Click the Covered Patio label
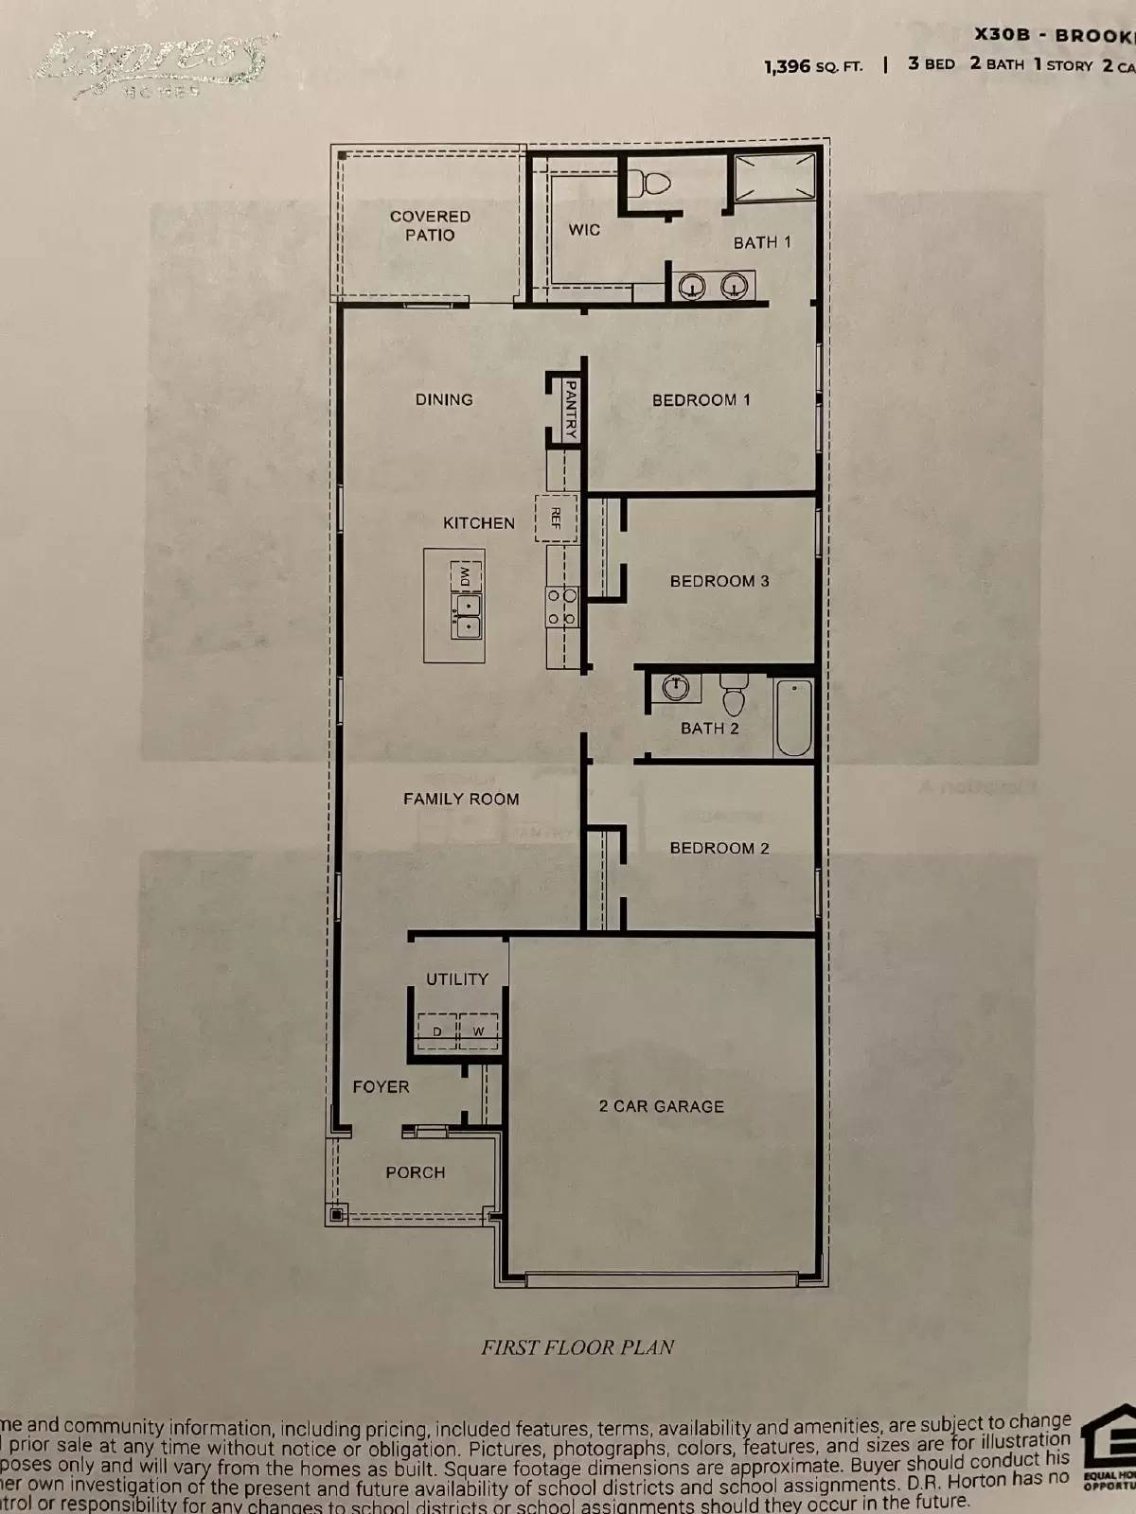pos(430,225)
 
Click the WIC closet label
pos(584,230)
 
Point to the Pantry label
pos(570,408)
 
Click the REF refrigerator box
pos(556,518)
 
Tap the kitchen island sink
pos(467,614)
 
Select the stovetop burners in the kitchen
pos(560,606)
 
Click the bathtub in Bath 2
pos(793,717)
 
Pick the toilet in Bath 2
pos(734,695)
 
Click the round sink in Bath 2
pos(675,687)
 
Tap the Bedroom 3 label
pos(719,581)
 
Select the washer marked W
pos(479,1030)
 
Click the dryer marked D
pos(437,1030)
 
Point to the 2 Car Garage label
pos(661,1106)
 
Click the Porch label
pos(415,1172)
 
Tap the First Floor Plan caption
pos(577,1347)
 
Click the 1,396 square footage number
pos(788,66)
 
